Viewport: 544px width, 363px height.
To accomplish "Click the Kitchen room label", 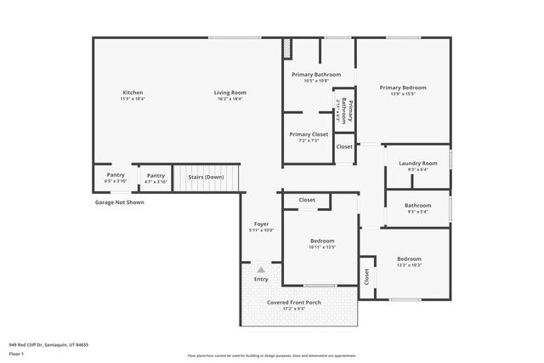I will [x=133, y=92].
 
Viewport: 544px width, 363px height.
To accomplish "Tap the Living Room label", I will [x=229, y=92].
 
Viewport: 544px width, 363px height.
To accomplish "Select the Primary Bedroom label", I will [x=403, y=88].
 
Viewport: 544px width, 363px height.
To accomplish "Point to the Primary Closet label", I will [x=309, y=134].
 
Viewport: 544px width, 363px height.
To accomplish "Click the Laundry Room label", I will [x=417, y=163].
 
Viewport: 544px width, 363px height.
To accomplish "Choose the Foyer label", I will [x=261, y=224].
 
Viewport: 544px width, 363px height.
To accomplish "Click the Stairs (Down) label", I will [x=206, y=176].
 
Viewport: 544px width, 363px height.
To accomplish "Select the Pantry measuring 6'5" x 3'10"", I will [x=115, y=175].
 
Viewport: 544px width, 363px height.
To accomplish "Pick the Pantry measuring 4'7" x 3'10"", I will [x=156, y=175].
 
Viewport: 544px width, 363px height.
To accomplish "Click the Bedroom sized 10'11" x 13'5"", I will [x=322, y=241].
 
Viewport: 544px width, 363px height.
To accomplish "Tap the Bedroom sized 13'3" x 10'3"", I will [x=409, y=258].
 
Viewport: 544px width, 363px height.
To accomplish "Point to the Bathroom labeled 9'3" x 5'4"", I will [x=417, y=205].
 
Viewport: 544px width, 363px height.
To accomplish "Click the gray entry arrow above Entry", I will [x=261, y=268].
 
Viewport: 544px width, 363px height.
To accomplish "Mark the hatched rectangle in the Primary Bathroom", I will [x=287, y=48].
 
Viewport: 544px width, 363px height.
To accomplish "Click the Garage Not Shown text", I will [x=119, y=202].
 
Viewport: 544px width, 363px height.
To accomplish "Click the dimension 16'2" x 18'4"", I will [x=229, y=99].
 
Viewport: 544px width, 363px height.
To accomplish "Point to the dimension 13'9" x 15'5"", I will [x=403, y=94].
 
